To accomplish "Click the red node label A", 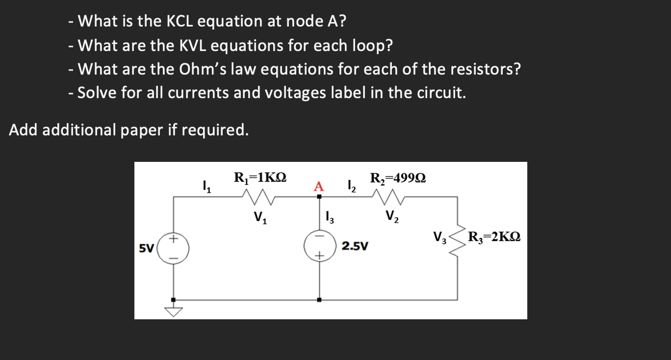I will click(319, 186).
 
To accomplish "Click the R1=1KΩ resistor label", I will click(260, 177).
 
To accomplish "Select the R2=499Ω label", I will click(398, 178).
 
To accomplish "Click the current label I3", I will click(330, 216).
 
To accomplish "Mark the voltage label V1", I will click(260, 216).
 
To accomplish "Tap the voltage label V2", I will click(392, 216).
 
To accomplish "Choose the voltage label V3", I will click(439, 239).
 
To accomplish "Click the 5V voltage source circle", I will click(173, 248).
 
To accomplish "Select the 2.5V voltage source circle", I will click(319, 246).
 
